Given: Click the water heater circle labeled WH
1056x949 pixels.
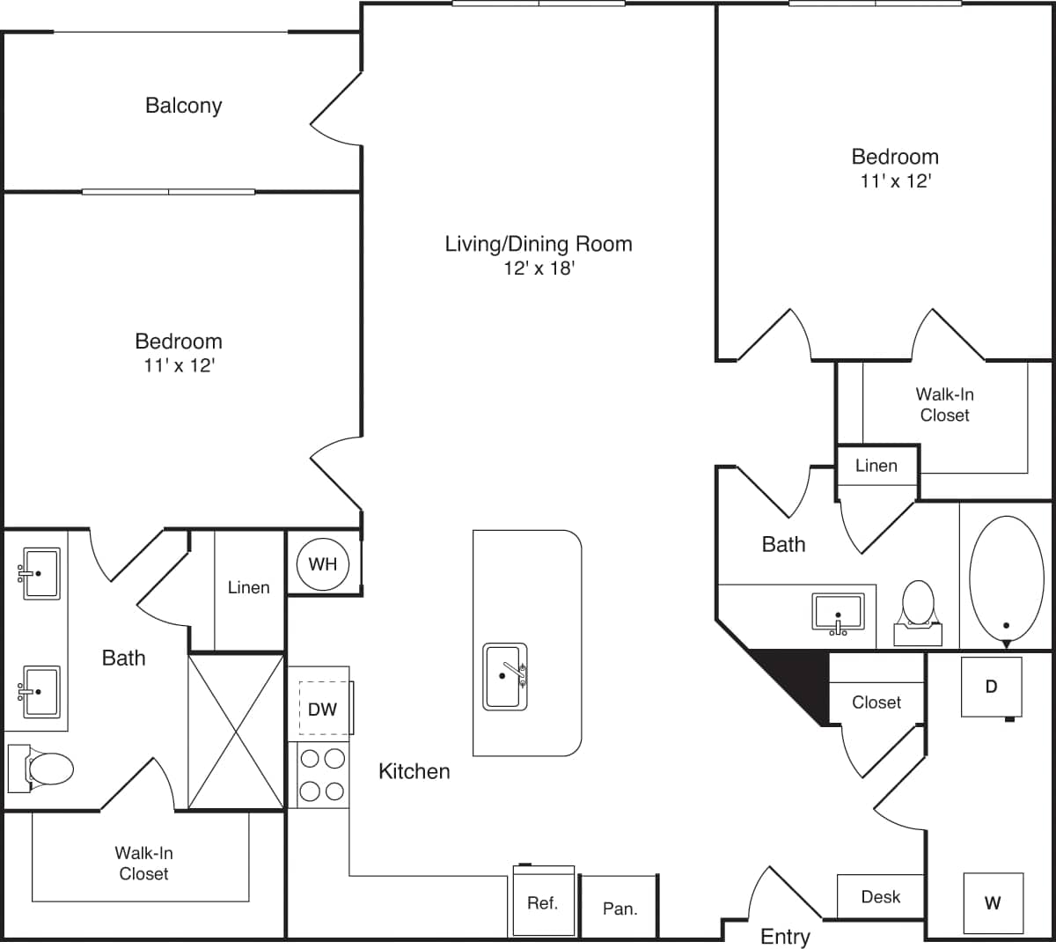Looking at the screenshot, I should [x=322, y=563].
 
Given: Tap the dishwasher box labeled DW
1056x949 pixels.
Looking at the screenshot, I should [x=322, y=709].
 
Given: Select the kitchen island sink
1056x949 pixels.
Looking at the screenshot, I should [x=504, y=676].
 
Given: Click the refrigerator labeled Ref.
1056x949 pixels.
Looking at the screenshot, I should [x=543, y=903].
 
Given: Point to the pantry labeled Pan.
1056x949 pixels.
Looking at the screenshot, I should [x=620, y=908].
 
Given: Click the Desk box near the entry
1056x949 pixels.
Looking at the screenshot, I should [x=880, y=896].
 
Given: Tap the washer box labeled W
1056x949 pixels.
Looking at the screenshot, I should [x=993, y=902].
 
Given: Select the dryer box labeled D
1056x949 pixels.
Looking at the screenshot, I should [x=991, y=687].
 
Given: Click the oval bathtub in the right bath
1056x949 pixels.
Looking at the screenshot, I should [x=1006, y=577].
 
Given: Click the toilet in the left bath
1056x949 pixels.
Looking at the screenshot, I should [x=44, y=768].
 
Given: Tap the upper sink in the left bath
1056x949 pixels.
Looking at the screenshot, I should [x=40, y=573].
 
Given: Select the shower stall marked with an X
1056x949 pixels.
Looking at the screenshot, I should [x=237, y=731].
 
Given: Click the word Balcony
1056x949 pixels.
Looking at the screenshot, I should [x=183, y=106].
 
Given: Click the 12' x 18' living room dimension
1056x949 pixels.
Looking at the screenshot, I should [x=539, y=269].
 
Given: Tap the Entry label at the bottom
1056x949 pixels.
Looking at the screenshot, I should [x=785, y=937].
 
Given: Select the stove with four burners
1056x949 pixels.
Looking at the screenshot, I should [x=321, y=774].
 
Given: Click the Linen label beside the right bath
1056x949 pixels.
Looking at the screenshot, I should [x=876, y=466].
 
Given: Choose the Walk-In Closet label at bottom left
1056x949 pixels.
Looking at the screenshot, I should [x=143, y=863].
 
